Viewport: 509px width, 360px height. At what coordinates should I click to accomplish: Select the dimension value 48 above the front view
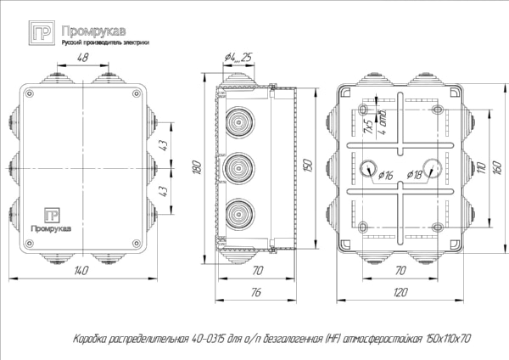82,58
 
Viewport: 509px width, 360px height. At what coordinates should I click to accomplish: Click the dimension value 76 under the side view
255,292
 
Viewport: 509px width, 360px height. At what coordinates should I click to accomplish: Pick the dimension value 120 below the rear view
399,292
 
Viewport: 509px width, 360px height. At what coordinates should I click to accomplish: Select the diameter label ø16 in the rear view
383,176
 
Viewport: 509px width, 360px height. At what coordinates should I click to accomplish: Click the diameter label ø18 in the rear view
416,176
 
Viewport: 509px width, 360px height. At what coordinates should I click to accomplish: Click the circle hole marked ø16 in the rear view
370,167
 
